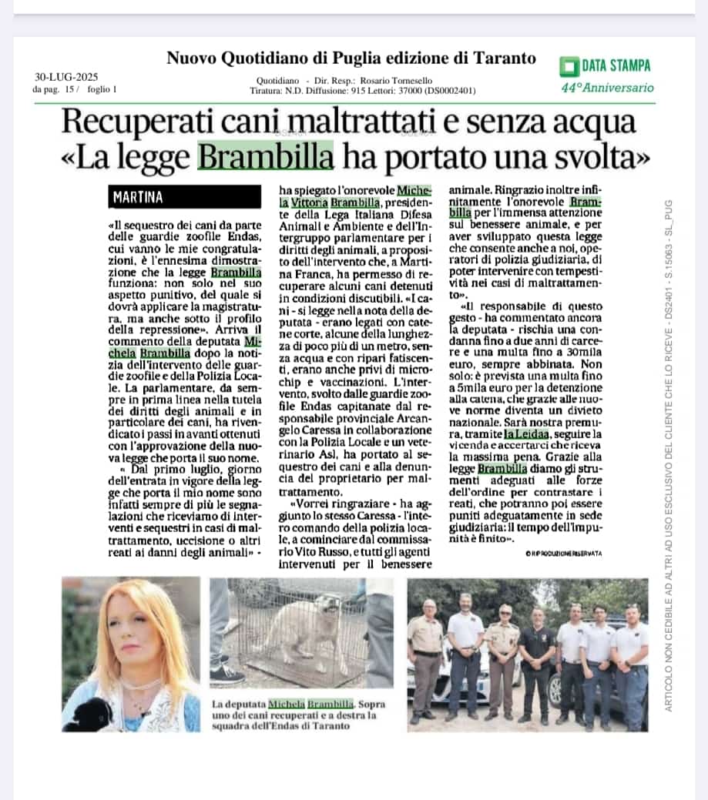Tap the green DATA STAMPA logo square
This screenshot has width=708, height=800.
point(569,65)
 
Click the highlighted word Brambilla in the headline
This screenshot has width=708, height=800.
point(266,158)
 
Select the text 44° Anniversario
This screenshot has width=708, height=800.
point(607,88)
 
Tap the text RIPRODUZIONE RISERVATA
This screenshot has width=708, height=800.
point(565,554)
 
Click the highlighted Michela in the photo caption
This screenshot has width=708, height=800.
point(286,703)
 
